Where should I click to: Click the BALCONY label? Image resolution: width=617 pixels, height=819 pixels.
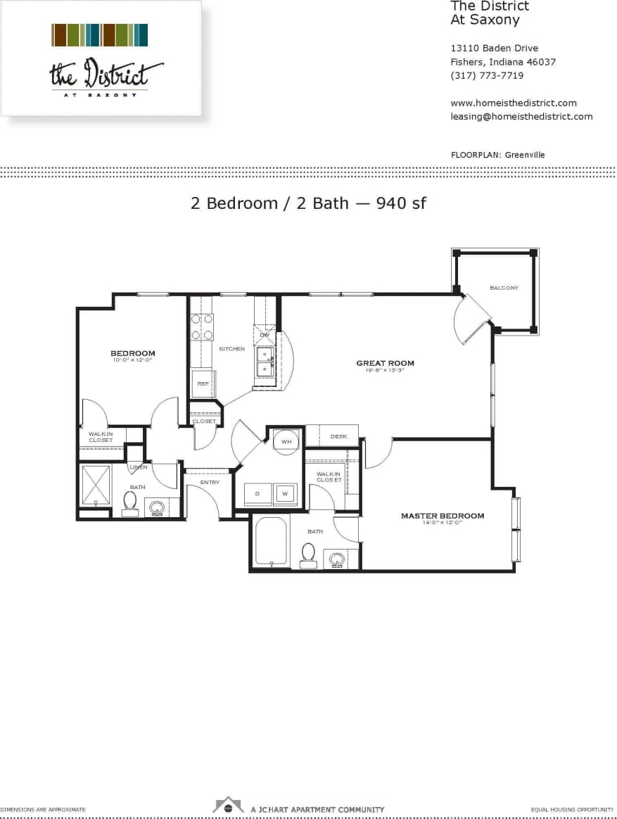click(504, 288)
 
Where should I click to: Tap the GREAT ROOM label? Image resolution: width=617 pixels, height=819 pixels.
click(385, 363)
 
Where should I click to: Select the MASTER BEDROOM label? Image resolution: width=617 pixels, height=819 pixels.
click(443, 516)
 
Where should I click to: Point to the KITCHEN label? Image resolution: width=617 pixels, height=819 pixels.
click(231, 349)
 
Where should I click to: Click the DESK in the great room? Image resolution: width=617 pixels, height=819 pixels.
click(338, 436)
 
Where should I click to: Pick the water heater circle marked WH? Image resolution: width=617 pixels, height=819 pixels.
click(286, 441)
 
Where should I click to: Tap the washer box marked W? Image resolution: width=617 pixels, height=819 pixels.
click(285, 493)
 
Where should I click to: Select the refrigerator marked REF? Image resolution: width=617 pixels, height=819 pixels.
click(203, 383)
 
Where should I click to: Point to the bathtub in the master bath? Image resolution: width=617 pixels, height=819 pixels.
click(271, 541)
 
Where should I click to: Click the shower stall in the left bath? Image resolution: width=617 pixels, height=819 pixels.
click(96, 485)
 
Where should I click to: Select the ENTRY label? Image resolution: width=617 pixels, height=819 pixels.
click(210, 483)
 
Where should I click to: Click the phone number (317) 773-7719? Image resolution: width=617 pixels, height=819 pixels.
click(487, 75)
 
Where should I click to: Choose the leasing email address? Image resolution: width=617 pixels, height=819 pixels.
click(521, 116)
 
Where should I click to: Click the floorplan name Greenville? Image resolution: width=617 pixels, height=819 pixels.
click(525, 155)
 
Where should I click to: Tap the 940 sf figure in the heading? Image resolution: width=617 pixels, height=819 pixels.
click(401, 203)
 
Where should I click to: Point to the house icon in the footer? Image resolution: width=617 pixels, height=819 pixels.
click(229, 804)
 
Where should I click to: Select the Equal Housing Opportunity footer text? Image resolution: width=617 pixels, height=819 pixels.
click(573, 810)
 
